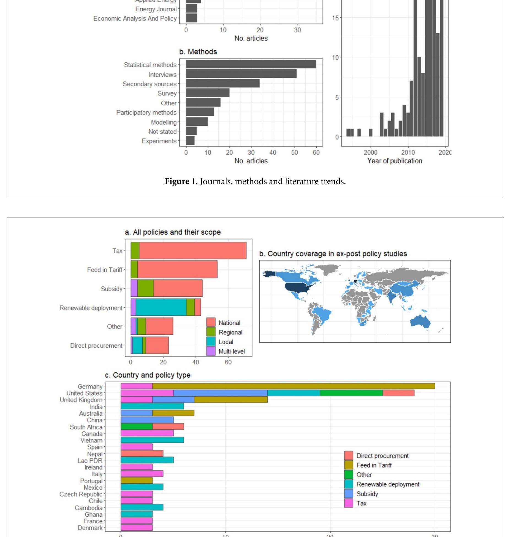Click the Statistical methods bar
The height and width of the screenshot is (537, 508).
(x=251, y=64)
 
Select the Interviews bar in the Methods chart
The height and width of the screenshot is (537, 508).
(x=241, y=74)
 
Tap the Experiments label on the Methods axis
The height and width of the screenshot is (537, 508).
(x=159, y=141)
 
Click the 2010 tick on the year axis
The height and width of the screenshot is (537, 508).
(x=408, y=152)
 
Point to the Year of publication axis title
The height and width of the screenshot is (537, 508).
(x=394, y=161)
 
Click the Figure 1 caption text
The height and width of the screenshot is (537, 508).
(x=255, y=181)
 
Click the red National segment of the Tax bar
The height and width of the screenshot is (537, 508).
(x=193, y=250)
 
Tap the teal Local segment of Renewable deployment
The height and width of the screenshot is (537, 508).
(x=161, y=307)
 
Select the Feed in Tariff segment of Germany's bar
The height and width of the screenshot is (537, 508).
(x=294, y=386)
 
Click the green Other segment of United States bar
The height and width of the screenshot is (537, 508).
(x=351, y=393)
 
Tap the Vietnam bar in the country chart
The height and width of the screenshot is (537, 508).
(x=152, y=440)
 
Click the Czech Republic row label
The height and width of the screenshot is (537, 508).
(x=81, y=494)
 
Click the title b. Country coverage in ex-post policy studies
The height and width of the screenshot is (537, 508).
(x=333, y=254)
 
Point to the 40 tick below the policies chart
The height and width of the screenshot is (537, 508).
(x=195, y=362)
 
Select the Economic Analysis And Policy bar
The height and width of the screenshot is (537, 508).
(x=191, y=18)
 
